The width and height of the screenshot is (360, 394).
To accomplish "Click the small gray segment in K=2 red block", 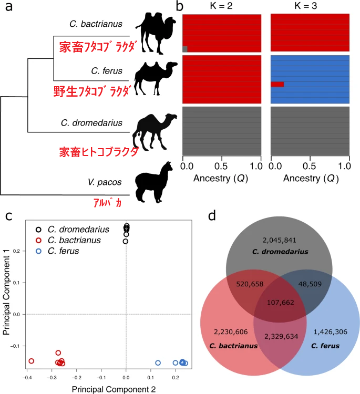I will coord(184,49).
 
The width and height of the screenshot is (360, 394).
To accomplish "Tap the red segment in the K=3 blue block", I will coord(277,84).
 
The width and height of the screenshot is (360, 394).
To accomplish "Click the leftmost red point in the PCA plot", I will coord(32,361).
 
